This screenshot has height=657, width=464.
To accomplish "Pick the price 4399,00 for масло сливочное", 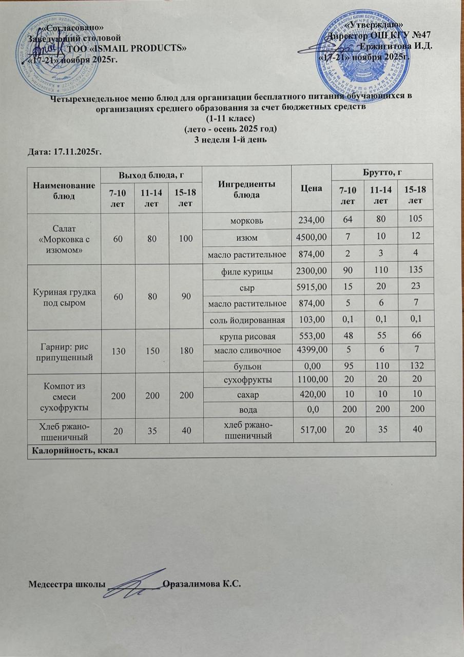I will (x=311, y=351).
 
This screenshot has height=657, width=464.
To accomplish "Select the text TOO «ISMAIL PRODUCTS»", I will (x=127, y=48).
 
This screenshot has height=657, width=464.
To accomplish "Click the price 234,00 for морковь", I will (x=311, y=220).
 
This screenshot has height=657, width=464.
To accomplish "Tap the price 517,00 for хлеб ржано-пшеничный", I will (x=311, y=430).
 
